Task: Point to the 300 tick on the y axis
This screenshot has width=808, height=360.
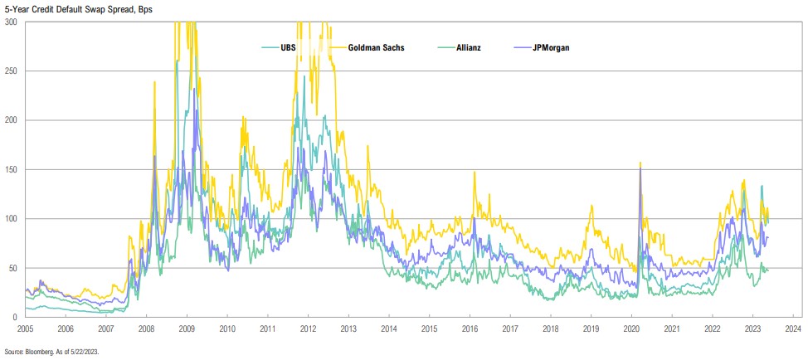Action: tap(12, 22)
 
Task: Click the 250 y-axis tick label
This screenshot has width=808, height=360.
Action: tap(12, 71)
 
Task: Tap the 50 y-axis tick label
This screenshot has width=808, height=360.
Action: tap(14, 268)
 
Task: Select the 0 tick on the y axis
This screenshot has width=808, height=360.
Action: tap(17, 317)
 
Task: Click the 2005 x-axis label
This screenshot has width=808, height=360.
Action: tap(25, 328)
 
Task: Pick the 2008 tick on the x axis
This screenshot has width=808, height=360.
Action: tap(145, 328)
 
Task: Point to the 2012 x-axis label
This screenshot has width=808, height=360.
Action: tap(307, 328)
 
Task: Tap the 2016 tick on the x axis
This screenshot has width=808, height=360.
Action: tap(468, 328)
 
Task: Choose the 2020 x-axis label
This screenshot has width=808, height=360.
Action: tap(630, 328)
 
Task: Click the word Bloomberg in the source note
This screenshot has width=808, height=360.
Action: tap(37, 353)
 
